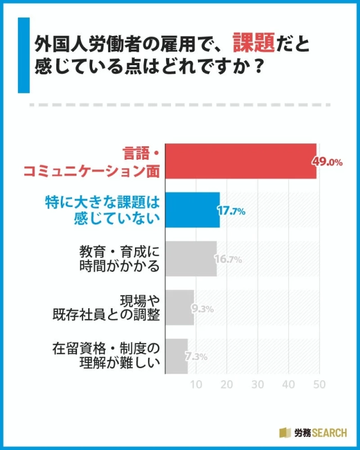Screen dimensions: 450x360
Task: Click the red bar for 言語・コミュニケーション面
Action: pyautogui.click(x=240, y=161)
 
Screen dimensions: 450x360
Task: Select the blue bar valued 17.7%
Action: pyautogui.click(x=192, y=210)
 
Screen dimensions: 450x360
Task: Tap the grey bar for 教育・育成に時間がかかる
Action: pyautogui.click(x=190, y=259)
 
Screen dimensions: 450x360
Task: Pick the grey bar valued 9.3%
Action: pyautogui.click(x=179, y=308)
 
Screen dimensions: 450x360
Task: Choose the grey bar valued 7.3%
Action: pyautogui.click(x=176, y=356)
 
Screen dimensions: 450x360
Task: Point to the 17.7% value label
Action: pyautogui.click(x=231, y=211)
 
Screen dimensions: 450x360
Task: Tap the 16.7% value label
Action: pyautogui.click(x=228, y=259)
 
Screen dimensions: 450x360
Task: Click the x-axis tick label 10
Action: pyautogui.click(x=196, y=385)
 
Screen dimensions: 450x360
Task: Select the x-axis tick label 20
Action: pyautogui.click(x=227, y=385)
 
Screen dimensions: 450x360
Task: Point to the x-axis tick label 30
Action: pyautogui.click(x=258, y=385)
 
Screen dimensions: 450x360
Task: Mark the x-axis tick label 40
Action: pyautogui.click(x=289, y=385)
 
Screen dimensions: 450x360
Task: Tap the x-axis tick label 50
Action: pyautogui.click(x=319, y=385)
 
